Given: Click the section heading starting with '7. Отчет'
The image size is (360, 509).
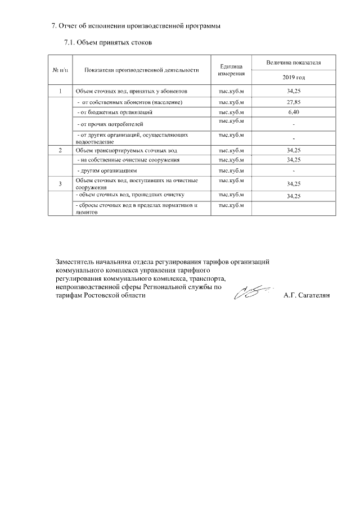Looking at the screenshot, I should (x=133, y=25).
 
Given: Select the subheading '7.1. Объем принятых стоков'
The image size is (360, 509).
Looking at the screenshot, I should (x=108, y=42).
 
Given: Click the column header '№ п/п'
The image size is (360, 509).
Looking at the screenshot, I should (x=60, y=70).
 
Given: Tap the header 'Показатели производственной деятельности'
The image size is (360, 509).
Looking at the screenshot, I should (x=142, y=70).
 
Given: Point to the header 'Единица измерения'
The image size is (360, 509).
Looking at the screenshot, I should (x=231, y=70).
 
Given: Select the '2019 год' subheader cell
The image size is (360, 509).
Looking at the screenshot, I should (x=293, y=77).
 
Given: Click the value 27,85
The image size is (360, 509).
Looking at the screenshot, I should (x=293, y=102).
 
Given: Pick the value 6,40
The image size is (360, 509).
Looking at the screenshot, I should (x=293, y=112).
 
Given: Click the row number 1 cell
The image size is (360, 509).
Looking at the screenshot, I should (x=60, y=91).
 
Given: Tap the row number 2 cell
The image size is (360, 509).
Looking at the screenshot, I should (x=60, y=150).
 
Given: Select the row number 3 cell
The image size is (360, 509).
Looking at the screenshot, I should (x=60, y=183).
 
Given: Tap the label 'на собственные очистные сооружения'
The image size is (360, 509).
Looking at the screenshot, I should (x=129, y=160).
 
